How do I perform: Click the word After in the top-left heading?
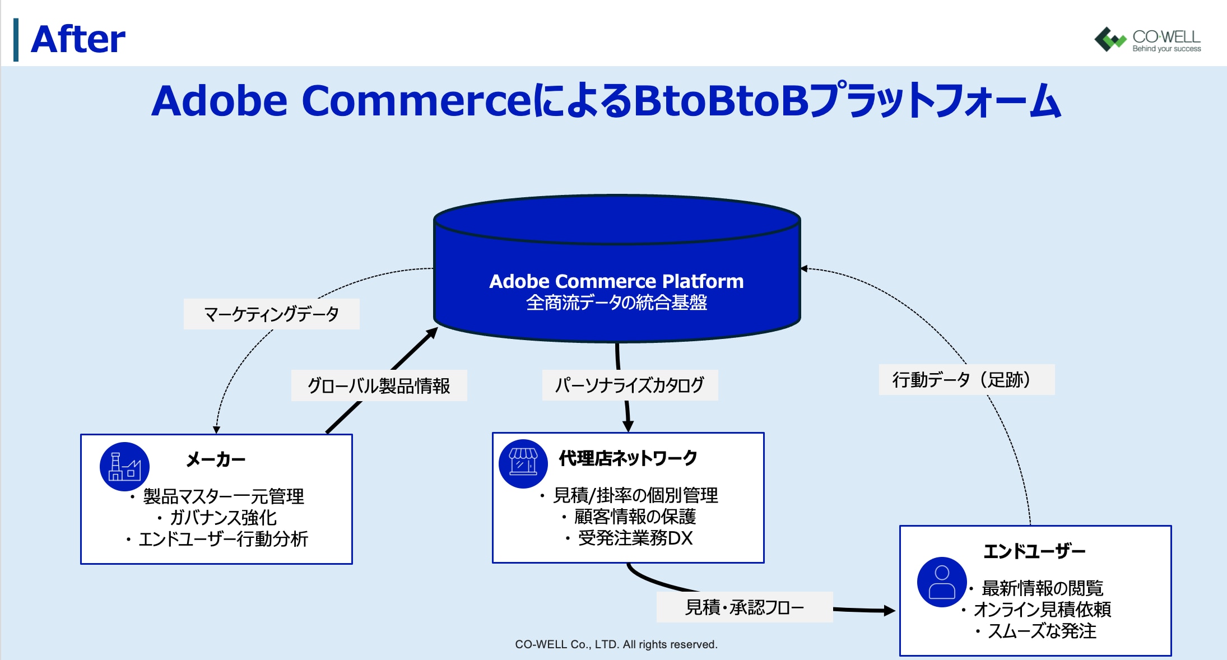[x=78, y=39]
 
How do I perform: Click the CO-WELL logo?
[x=1147, y=39]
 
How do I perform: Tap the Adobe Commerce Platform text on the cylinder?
[x=616, y=281]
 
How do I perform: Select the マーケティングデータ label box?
[x=272, y=314]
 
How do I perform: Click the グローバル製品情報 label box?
[x=379, y=385]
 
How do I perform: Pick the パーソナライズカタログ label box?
[x=630, y=385]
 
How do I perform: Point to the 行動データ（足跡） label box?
[x=966, y=379]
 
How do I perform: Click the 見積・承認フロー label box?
[x=745, y=607]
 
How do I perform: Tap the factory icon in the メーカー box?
[x=124, y=467]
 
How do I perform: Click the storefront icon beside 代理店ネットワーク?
[x=523, y=464]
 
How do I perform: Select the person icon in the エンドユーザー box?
[x=942, y=582]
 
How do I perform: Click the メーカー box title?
[x=216, y=459]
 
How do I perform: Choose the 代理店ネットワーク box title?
[x=628, y=458]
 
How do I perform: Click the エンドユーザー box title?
[x=1034, y=551]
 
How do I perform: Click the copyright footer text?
[x=616, y=644]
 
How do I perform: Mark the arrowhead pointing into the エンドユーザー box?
[x=890, y=611]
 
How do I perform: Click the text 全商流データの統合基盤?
[x=616, y=303]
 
